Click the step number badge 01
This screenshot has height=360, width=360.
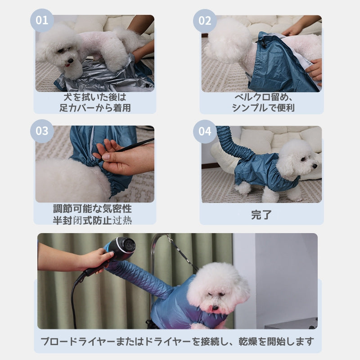click(42, 21)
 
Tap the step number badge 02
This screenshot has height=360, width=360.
click(205, 21)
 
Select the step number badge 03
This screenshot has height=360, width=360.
click(42, 131)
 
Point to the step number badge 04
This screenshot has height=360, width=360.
click(205, 131)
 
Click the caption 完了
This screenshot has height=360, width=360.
click(261, 215)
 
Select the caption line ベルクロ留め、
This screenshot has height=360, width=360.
click(261, 98)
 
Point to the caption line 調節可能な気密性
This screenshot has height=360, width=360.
click(92, 209)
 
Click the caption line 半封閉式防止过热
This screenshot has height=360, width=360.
click(92, 220)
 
